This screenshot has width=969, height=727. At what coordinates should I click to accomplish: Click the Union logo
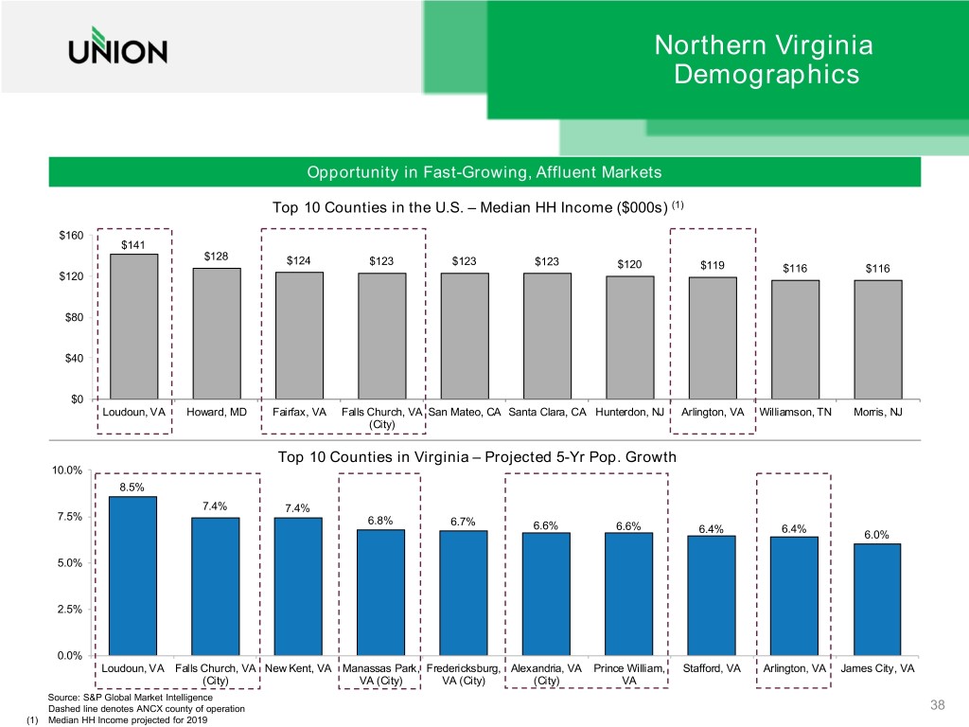(x=117, y=49)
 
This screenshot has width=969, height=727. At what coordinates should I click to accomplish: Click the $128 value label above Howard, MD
(x=217, y=257)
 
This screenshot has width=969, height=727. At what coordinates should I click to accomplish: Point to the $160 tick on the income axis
(x=72, y=235)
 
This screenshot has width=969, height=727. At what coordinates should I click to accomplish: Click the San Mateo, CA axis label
(x=465, y=412)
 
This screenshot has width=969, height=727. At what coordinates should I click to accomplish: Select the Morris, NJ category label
(x=878, y=412)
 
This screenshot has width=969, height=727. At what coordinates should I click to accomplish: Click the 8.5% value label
(x=132, y=488)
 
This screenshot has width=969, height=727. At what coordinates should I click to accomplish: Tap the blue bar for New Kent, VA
(x=298, y=586)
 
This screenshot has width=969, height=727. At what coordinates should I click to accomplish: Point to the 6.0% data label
(x=876, y=535)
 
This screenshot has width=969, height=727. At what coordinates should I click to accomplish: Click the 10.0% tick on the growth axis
(x=68, y=470)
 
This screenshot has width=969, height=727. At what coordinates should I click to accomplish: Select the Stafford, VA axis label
(x=712, y=668)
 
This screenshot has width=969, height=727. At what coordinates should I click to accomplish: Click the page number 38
(x=938, y=705)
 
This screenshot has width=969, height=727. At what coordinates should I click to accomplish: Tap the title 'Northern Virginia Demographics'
(x=764, y=60)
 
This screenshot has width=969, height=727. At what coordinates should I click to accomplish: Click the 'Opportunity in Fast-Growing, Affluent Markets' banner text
(x=484, y=172)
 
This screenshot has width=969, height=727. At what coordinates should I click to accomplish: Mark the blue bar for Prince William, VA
(x=629, y=594)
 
